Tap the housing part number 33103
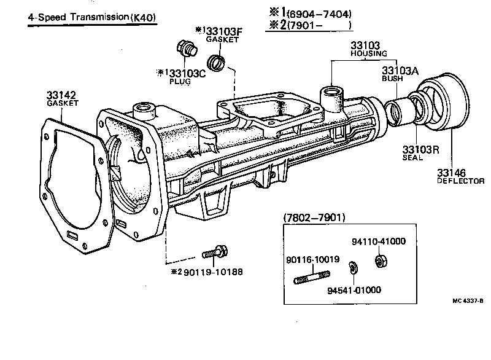365,45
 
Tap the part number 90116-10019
312,260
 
